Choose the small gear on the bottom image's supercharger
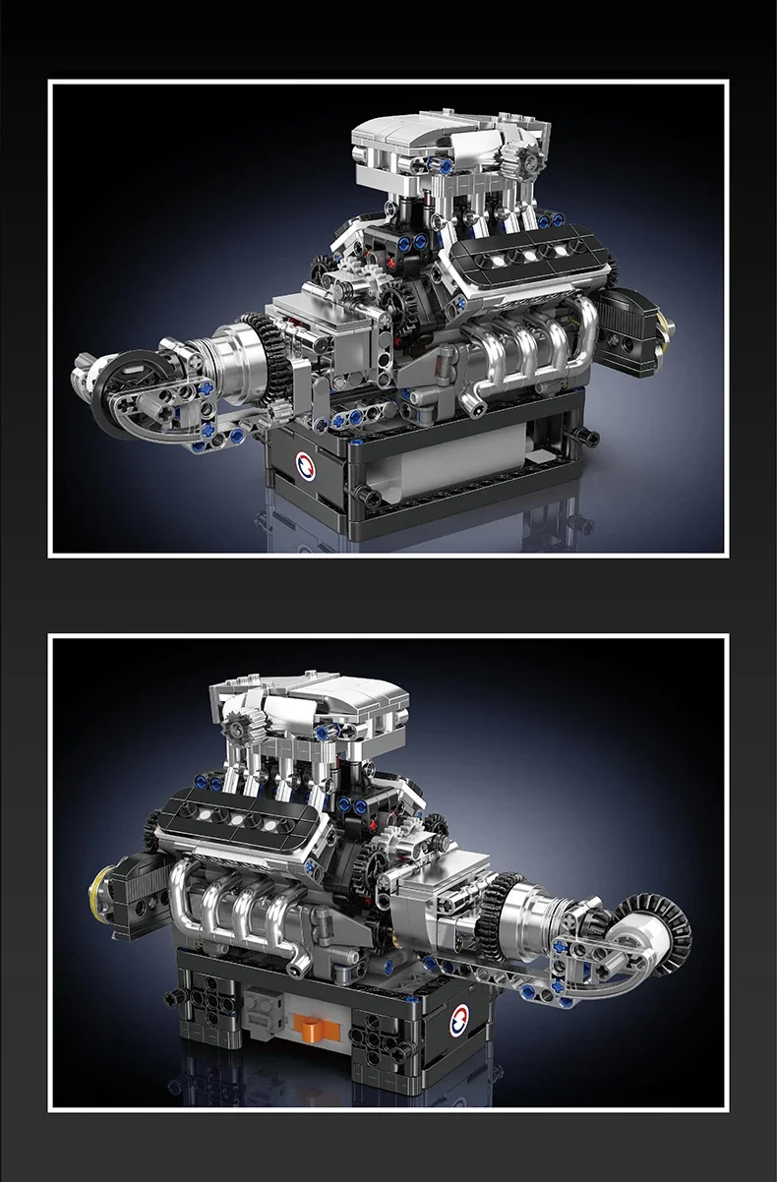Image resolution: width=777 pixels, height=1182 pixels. (241, 729)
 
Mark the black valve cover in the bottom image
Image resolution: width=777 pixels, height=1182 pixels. (239, 812)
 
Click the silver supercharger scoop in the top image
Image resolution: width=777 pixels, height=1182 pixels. (433, 138)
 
